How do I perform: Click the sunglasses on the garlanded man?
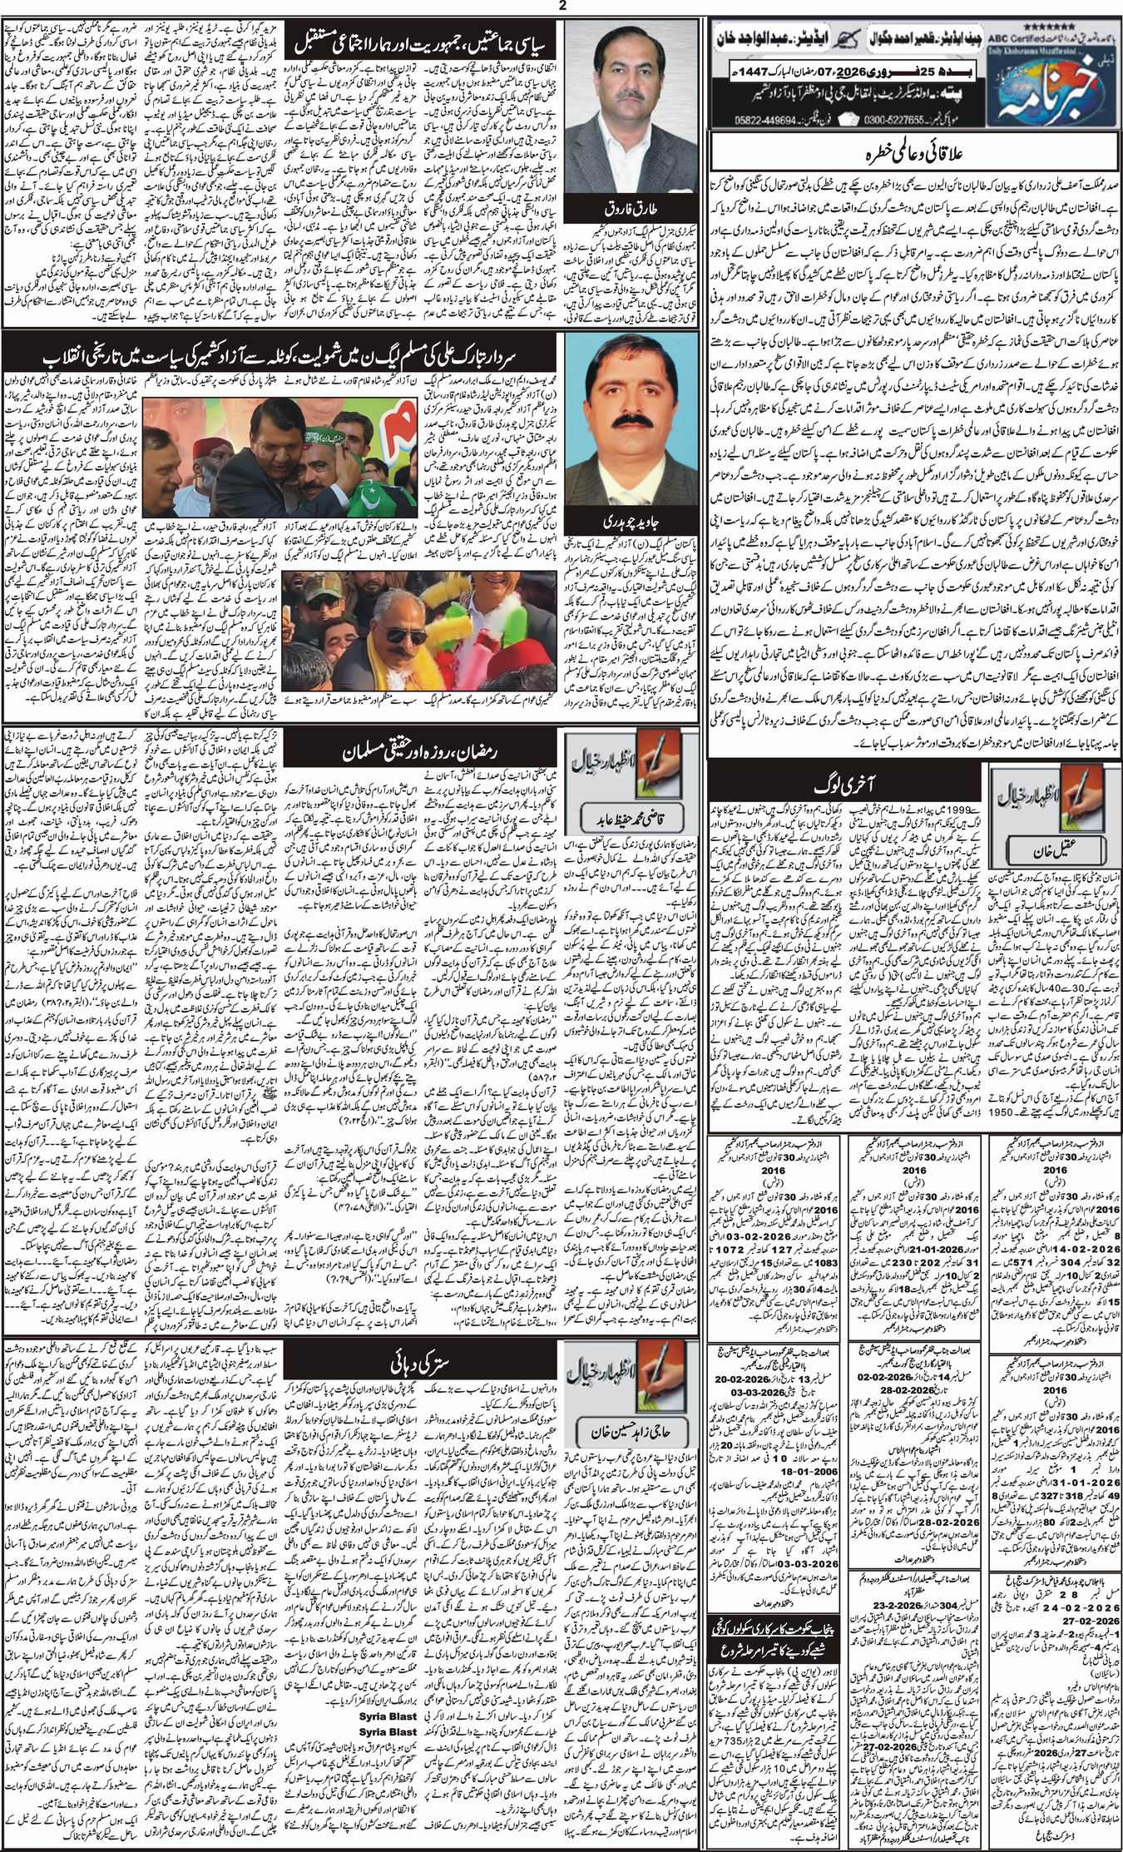pos(398,631)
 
